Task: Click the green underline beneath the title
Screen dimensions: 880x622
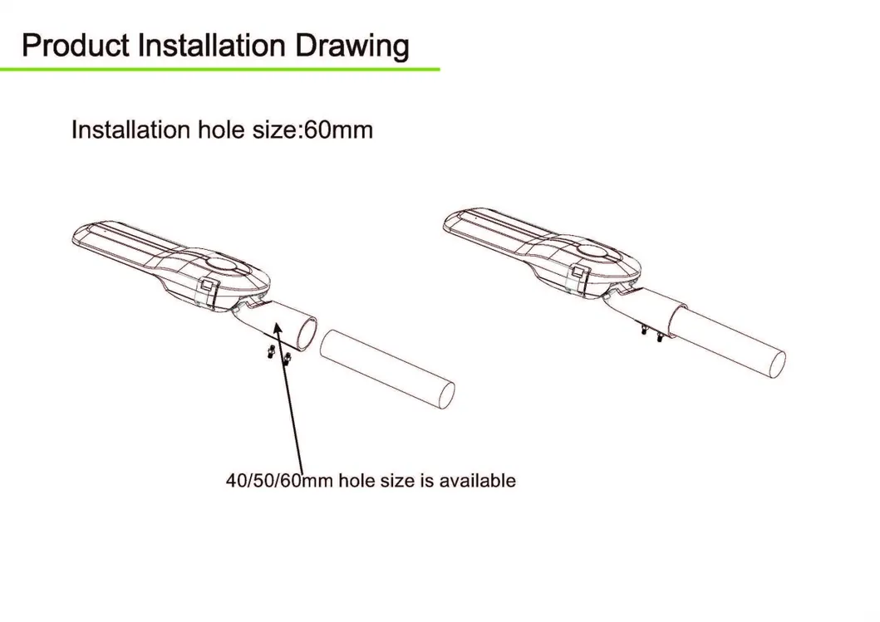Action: tap(220, 69)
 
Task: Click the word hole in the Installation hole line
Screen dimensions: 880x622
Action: tap(221, 130)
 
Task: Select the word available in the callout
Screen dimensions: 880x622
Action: tap(477, 481)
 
